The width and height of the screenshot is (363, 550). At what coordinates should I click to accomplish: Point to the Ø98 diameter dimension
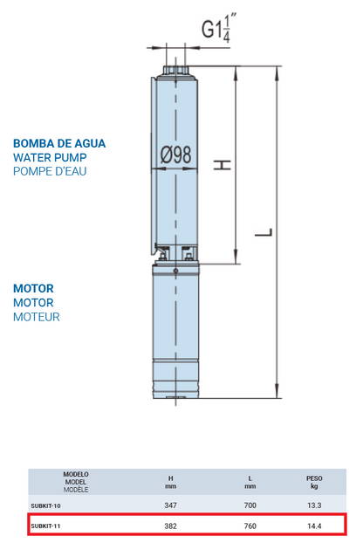click(x=176, y=155)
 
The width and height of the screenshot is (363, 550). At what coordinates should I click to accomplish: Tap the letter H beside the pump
click(x=223, y=165)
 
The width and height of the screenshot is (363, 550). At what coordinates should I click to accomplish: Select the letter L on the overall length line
click(x=264, y=232)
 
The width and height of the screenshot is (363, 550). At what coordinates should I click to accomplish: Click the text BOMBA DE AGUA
click(x=59, y=143)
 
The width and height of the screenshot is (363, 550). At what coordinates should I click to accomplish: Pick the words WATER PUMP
click(x=50, y=157)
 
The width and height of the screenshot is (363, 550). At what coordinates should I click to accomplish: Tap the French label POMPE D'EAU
click(x=50, y=171)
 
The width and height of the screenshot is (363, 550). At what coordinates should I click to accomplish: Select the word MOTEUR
click(x=37, y=317)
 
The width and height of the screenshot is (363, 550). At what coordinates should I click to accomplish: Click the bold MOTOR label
click(x=33, y=289)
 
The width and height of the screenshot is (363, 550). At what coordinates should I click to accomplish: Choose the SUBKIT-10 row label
click(x=45, y=506)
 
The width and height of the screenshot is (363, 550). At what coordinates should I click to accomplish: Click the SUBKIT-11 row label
click(x=45, y=526)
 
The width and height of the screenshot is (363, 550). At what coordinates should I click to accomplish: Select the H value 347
click(x=170, y=505)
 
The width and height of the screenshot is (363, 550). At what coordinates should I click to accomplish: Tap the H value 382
click(x=170, y=526)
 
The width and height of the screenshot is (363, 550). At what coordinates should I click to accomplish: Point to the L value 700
click(x=250, y=505)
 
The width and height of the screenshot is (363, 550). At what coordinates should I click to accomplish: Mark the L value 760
click(x=250, y=526)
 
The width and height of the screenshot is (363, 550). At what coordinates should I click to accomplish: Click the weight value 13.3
click(x=314, y=505)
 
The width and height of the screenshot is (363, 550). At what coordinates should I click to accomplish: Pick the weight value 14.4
click(x=314, y=526)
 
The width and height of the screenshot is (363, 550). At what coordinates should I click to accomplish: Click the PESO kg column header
click(x=314, y=482)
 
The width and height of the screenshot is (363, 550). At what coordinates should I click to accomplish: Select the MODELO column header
click(x=76, y=474)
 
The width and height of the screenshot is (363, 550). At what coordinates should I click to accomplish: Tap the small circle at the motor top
click(x=176, y=271)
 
